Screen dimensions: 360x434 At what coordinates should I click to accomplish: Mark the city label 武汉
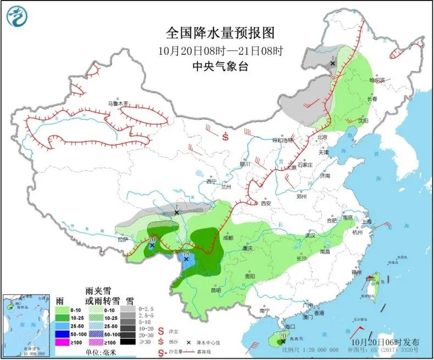[x=311, y=236]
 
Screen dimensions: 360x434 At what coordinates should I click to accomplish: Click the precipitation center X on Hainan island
[x=283, y=341]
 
